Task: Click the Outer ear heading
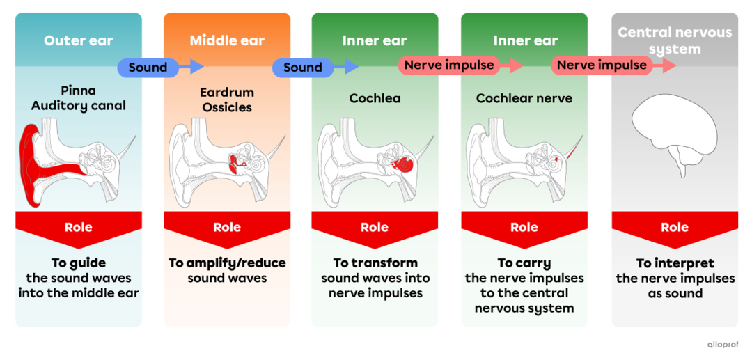[78, 40]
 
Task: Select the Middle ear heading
[227, 40]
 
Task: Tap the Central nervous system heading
[675, 40]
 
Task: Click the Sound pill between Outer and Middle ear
[148, 67]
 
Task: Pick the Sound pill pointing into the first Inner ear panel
[302, 67]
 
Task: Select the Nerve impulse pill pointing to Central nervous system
[602, 65]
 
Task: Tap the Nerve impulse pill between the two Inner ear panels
[449, 65]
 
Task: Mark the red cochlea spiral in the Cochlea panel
[403, 164]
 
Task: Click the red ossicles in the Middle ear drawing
[237, 164]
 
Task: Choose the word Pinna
[78, 91]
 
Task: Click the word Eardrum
[227, 92]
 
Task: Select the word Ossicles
[227, 107]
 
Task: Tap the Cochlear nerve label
[524, 98]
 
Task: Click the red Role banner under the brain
[675, 228]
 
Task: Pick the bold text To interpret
[675, 263]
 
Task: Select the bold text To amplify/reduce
[227, 263]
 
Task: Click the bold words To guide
[78, 263]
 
